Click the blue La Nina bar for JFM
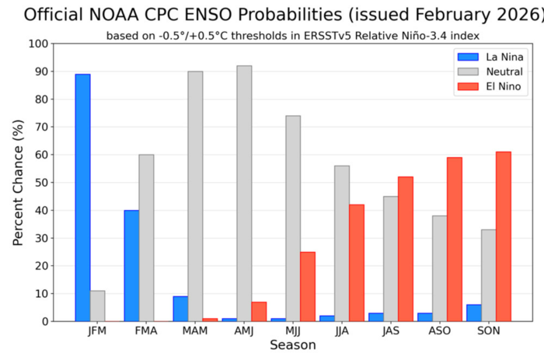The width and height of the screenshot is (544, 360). coord(82,197)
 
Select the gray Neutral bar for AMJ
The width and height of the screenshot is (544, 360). coord(244,194)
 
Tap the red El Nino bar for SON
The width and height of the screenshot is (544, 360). coord(504,236)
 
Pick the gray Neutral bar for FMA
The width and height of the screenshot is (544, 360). coord(146,238)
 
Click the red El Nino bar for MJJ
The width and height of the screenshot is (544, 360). coord(308,286)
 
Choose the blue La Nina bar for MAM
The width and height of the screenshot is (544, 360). coord(180,309)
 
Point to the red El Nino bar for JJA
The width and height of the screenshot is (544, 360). coord(357,263)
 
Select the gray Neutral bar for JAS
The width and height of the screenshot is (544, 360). coord(391,259)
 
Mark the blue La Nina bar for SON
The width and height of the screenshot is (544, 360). coord(474,313)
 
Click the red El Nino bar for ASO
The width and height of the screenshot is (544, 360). coord(455,239)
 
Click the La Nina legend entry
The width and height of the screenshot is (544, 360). coord(490,57)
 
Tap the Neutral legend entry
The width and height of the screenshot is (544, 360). coord(490,72)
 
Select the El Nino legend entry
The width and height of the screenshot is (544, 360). coord(489,86)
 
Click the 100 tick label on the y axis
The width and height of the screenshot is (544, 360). coord(39,44)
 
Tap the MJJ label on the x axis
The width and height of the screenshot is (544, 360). coord(293,330)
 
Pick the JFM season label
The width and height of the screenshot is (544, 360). coord(97,330)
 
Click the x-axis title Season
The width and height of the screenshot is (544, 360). coord(293,345)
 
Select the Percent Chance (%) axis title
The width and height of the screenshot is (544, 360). coord(18,183)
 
